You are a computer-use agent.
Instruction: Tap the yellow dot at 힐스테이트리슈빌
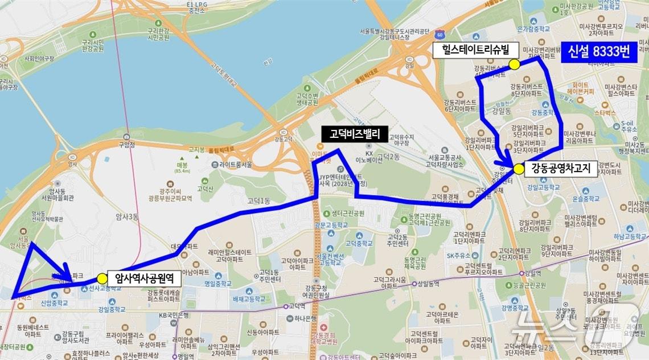514,64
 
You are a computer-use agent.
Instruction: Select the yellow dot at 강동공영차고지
519,169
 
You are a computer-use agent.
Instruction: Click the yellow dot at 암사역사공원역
102,279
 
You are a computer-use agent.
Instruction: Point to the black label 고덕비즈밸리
354,134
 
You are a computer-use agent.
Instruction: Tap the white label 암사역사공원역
148,279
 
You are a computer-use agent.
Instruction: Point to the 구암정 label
126,145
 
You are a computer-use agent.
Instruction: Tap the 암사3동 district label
127,216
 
